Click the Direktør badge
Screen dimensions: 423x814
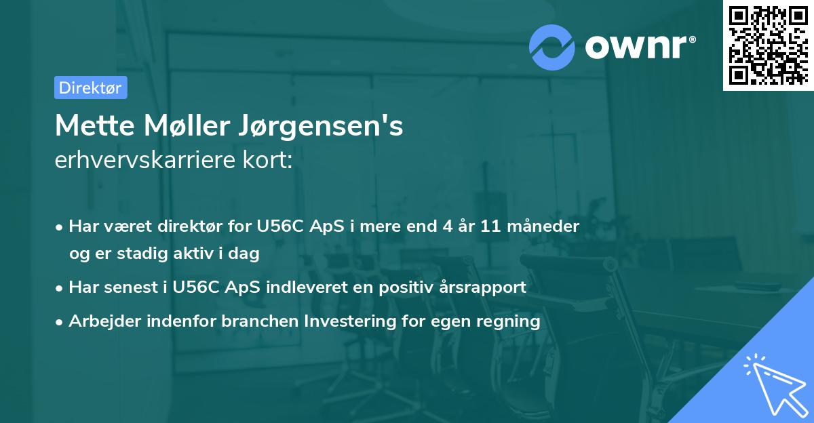click(x=90, y=87)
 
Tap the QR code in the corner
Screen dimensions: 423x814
click(x=767, y=45)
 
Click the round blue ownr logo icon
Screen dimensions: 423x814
click(x=551, y=47)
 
